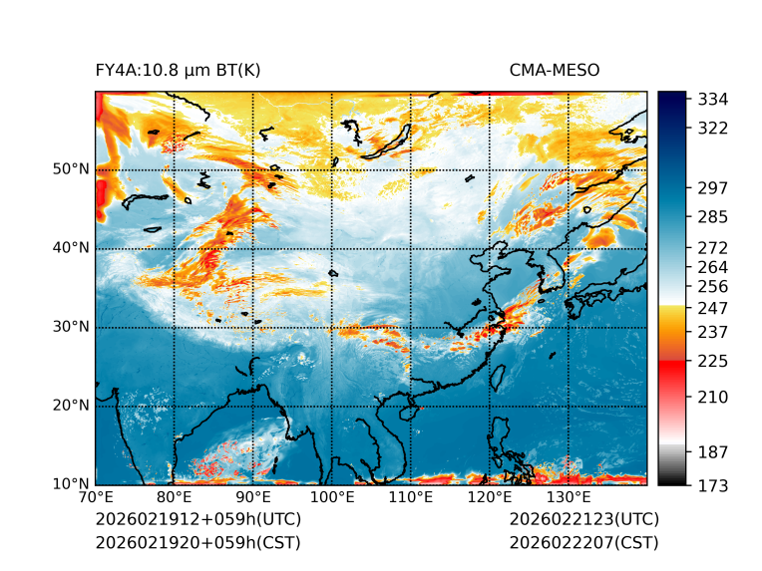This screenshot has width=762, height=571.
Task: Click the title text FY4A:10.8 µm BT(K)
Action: pyautogui.click(x=178, y=71)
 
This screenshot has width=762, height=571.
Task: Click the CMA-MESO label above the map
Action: pyautogui.click(x=554, y=71)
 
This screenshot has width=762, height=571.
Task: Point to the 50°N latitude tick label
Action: pyautogui.click(x=71, y=169)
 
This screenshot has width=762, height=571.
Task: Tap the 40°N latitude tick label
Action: pyautogui.click(x=71, y=248)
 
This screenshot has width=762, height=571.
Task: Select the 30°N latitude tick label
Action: pyautogui.click(x=71, y=327)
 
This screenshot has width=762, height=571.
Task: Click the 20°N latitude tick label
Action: pyautogui.click(x=71, y=406)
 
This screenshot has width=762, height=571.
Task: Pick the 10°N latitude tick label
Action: pyautogui.click(x=71, y=484)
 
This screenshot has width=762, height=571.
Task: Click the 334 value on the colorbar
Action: pyautogui.click(x=713, y=100)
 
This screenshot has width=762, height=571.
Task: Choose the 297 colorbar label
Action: pyautogui.click(x=713, y=188)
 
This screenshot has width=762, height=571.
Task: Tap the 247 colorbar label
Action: pyautogui.click(x=713, y=307)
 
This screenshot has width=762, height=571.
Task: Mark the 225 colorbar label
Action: pyautogui.click(x=713, y=361)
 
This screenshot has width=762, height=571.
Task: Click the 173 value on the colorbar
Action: pyautogui.click(x=713, y=485)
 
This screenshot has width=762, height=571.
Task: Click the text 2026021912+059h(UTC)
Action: pyautogui.click(x=197, y=520)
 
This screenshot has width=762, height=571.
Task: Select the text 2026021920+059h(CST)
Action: pyautogui.click(x=197, y=543)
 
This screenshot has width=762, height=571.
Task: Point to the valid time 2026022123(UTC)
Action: pyautogui.click(x=583, y=520)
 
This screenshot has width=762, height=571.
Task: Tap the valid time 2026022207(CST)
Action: pyautogui.click(x=583, y=543)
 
